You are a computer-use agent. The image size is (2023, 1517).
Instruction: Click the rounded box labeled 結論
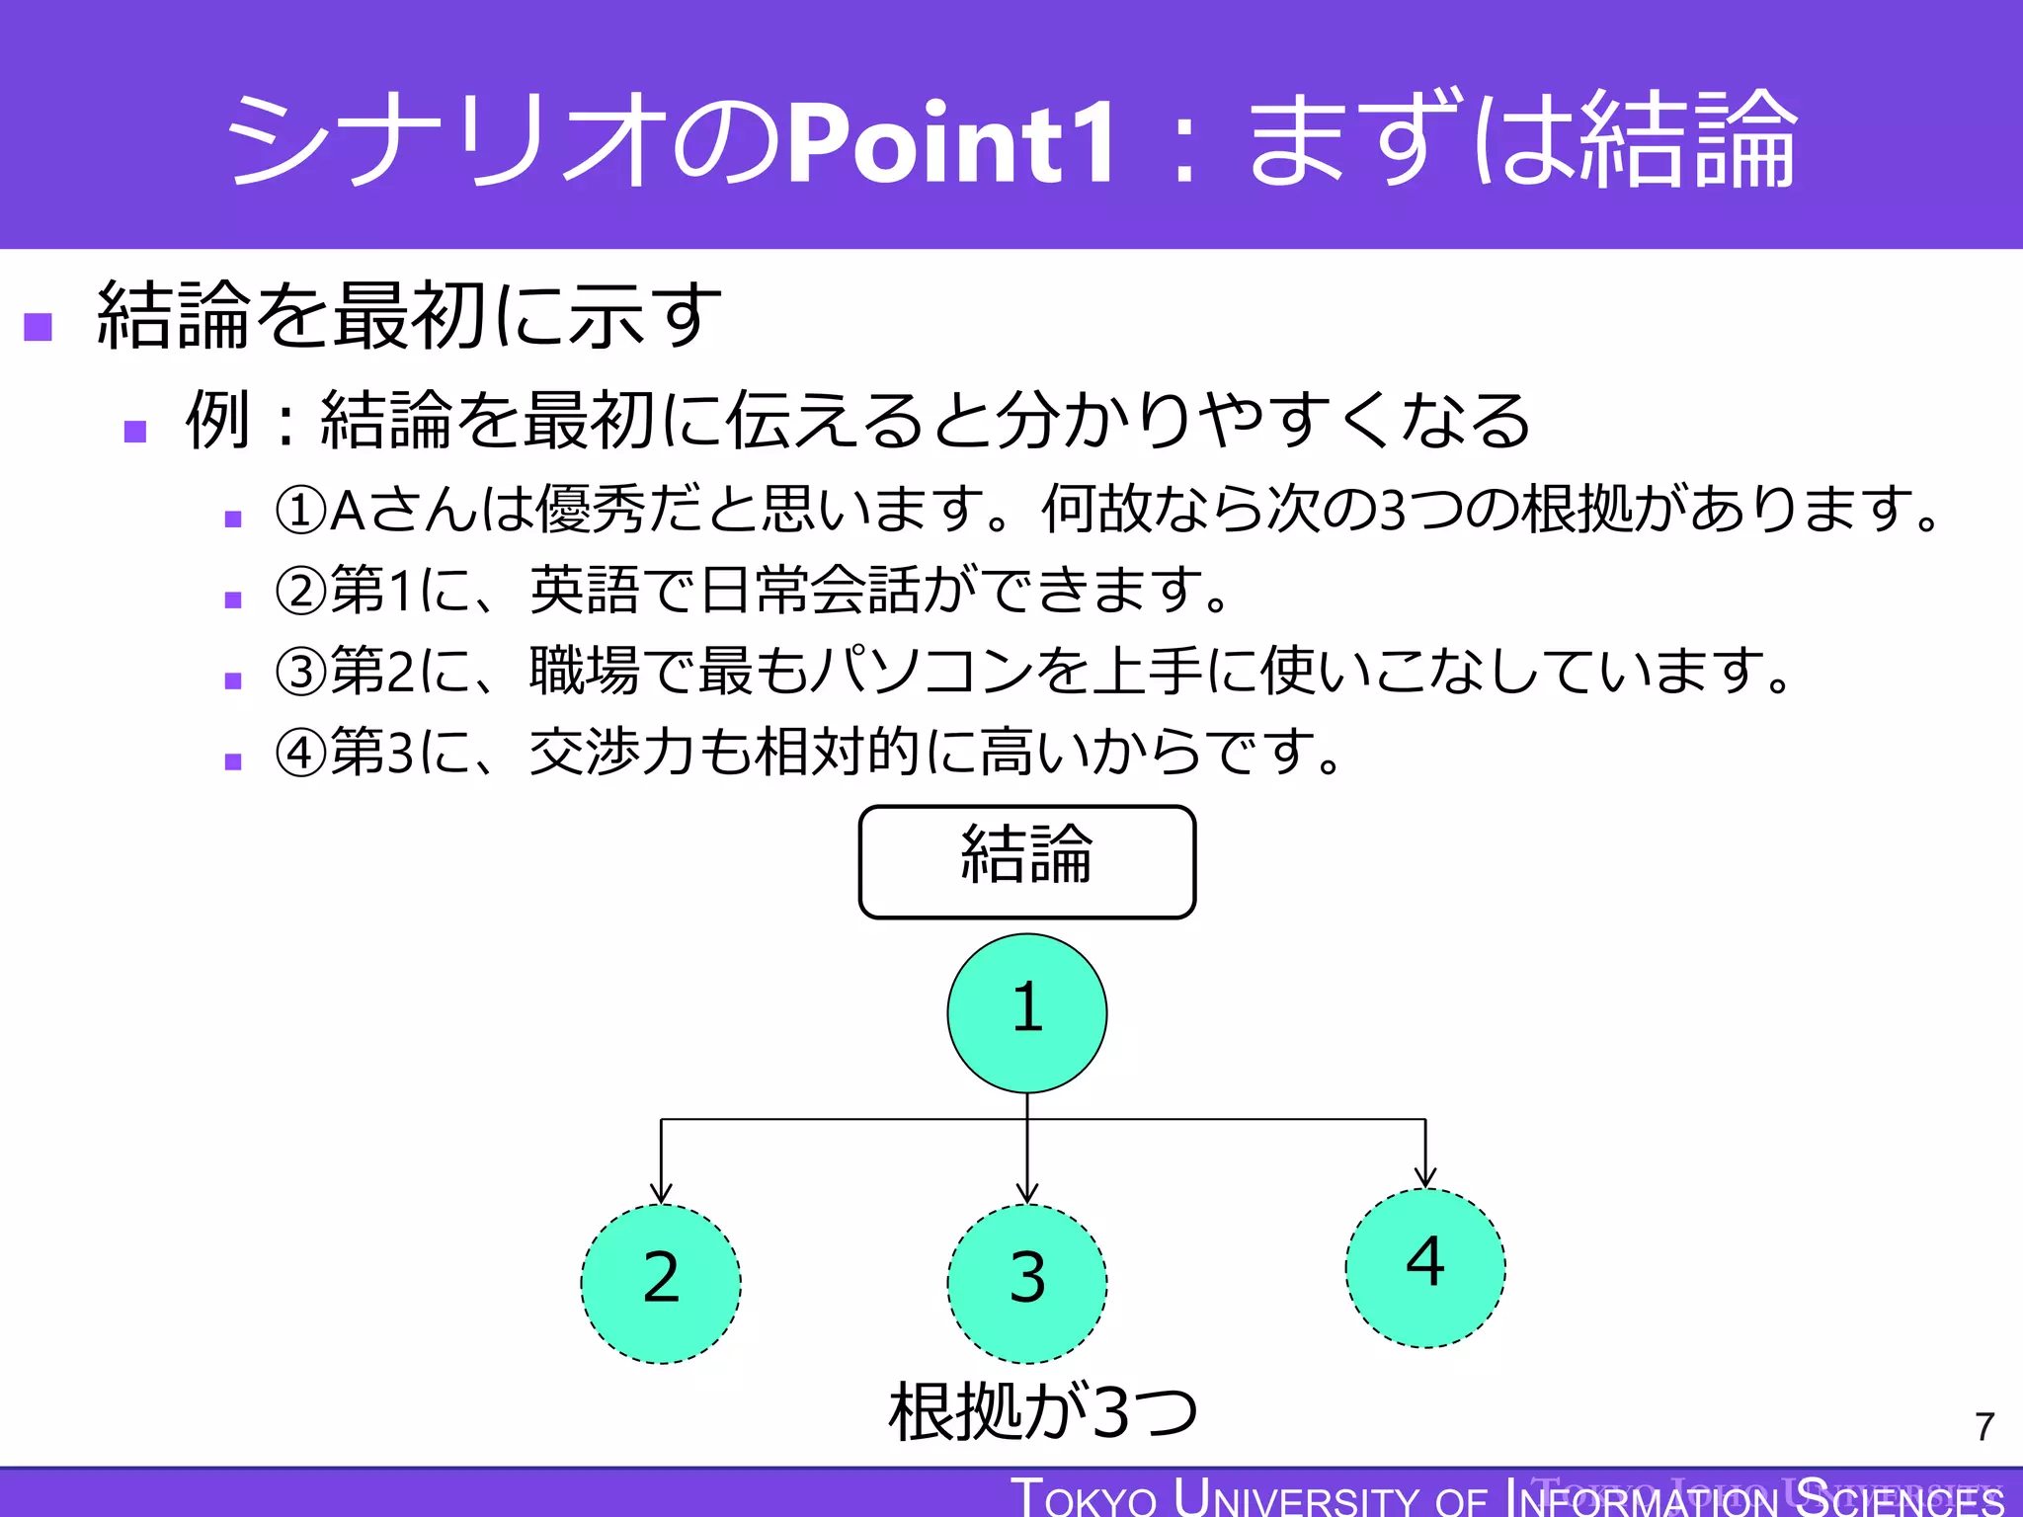pyautogui.click(x=1026, y=861)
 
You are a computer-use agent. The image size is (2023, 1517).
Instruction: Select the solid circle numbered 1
pyautogui.click(x=1026, y=1012)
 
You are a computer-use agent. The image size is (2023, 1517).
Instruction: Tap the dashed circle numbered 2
pyautogui.click(x=661, y=1283)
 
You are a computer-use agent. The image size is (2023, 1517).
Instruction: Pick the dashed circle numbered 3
pyautogui.click(x=1026, y=1283)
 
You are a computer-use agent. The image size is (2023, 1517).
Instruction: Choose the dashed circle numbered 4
pyautogui.click(x=1424, y=1267)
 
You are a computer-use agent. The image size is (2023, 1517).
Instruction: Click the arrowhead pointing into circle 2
pyautogui.click(x=661, y=1192)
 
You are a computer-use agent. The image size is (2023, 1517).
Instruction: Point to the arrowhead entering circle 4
pyautogui.click(x=1424, y=1176)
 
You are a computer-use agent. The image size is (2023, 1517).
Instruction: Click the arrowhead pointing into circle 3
pyautogui.click(x=1027, y=1192)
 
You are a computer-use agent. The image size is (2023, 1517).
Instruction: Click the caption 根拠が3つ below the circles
pyautogui.click(x=1043, y=1410)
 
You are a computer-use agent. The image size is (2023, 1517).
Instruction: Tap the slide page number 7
pyautogui.click(x=1984, y=1426)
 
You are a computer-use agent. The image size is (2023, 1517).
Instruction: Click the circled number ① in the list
pyautogui.click(x=300, y=511)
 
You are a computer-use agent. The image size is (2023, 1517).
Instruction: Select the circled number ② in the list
pyautogui.click(x=300, y=592)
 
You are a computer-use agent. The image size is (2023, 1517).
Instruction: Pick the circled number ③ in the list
pyautogui.click(x=300, y=672)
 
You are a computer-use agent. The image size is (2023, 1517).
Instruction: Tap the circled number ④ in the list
pyautogui.click(x=300, y=754)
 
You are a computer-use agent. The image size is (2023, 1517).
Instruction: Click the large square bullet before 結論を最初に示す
pyautogui.click(x=39, y=326)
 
